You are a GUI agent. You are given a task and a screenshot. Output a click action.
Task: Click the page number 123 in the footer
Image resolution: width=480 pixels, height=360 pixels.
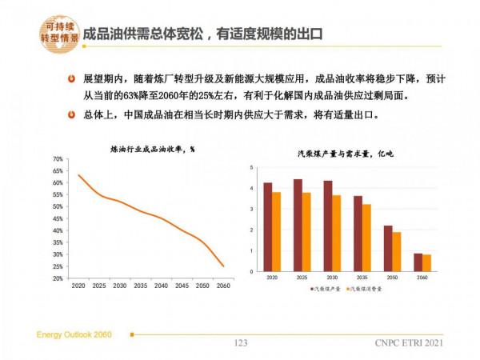pyautogui.click(x=240, y=343)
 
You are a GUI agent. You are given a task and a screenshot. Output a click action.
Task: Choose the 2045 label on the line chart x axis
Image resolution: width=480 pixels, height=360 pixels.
pyautogui.click(x=182, y=286)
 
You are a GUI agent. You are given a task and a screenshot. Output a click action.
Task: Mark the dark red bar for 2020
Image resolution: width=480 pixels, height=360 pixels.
pyautogui.click(x=268, y=227)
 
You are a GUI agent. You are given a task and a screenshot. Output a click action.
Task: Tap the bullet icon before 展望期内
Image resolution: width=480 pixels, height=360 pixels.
pyautogui.click(x=73, y=81)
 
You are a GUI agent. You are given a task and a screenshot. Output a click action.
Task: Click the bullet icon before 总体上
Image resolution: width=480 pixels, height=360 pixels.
pyautogui.click(x=73, y=115)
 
